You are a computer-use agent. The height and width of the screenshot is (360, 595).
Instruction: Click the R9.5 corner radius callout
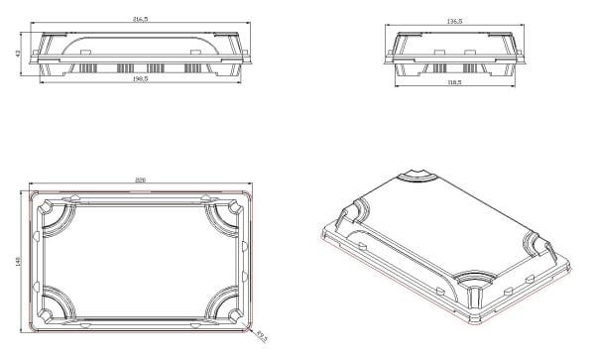click(262, 338)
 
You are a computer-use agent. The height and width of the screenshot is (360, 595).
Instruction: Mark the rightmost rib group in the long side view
click(193, 69)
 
